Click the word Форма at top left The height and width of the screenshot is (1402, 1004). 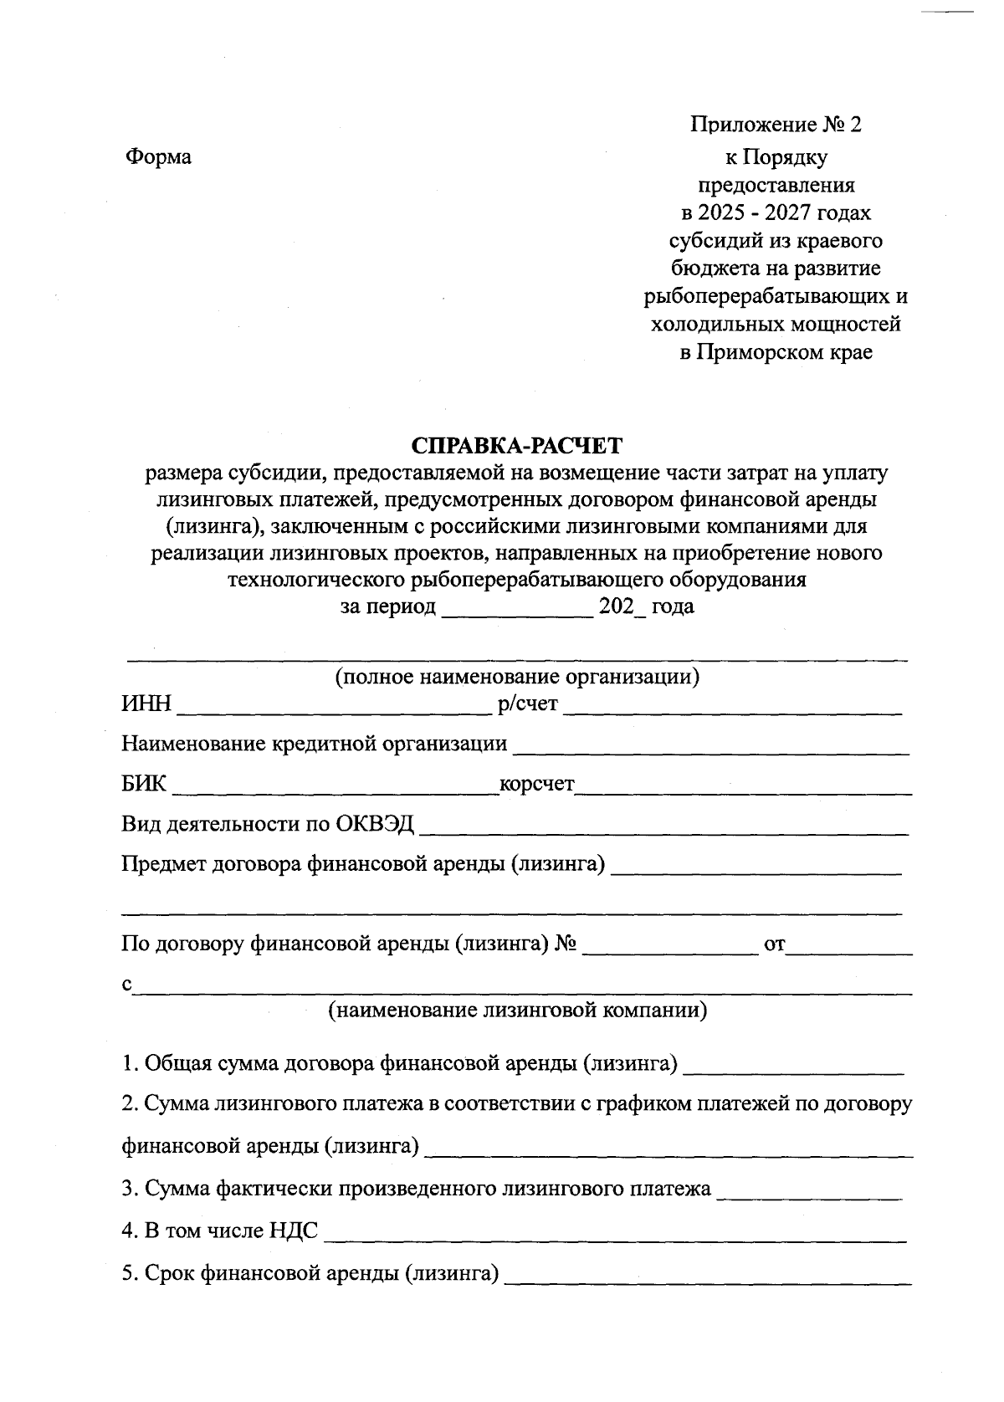coord(158,156)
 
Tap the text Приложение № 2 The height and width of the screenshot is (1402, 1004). coord(775,125)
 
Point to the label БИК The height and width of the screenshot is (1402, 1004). coord(144,785)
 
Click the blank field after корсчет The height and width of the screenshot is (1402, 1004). coord(743,787)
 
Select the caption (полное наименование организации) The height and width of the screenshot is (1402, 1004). coord(517,676)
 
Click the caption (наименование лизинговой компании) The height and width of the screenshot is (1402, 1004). coord(517,1010)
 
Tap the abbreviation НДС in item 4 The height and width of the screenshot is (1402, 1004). coord(294,1231)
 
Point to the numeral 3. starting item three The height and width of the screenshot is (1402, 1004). coord(130,1189)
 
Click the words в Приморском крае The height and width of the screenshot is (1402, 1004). coord(776,352)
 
